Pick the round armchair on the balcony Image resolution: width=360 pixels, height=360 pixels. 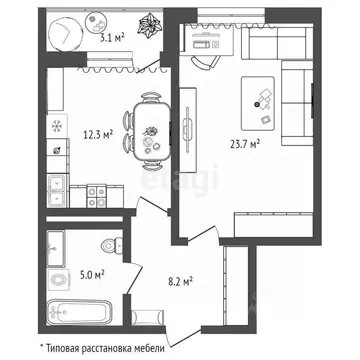65,33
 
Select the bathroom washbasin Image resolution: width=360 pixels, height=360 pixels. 57,245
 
